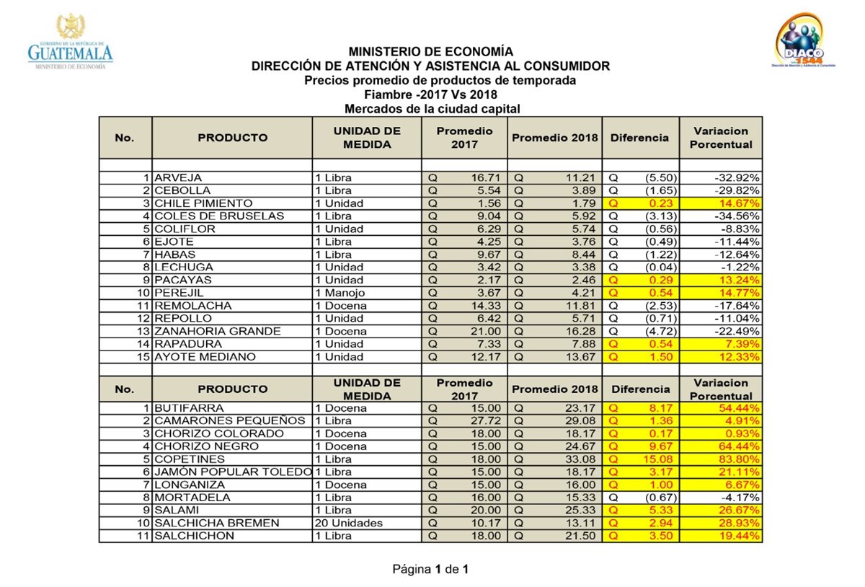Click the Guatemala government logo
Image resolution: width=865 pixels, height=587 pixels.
click(x=71, y=43)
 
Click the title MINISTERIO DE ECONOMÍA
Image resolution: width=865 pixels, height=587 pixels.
click(x=431, y=52)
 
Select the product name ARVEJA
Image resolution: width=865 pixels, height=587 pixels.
click(x=178, y=178)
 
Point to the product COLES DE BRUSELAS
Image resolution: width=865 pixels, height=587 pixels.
click(x=219, y=216)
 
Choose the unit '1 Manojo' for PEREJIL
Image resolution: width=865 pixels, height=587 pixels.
click(x=340, y=293)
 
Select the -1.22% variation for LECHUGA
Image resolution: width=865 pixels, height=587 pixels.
click(x=742, y=268)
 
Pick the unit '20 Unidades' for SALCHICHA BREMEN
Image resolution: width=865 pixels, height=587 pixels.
click(x=349, y=523)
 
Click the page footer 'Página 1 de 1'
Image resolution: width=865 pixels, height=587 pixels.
click(x=431, y=570)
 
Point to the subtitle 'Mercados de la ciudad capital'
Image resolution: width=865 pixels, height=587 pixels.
click(x=432, y=109)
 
